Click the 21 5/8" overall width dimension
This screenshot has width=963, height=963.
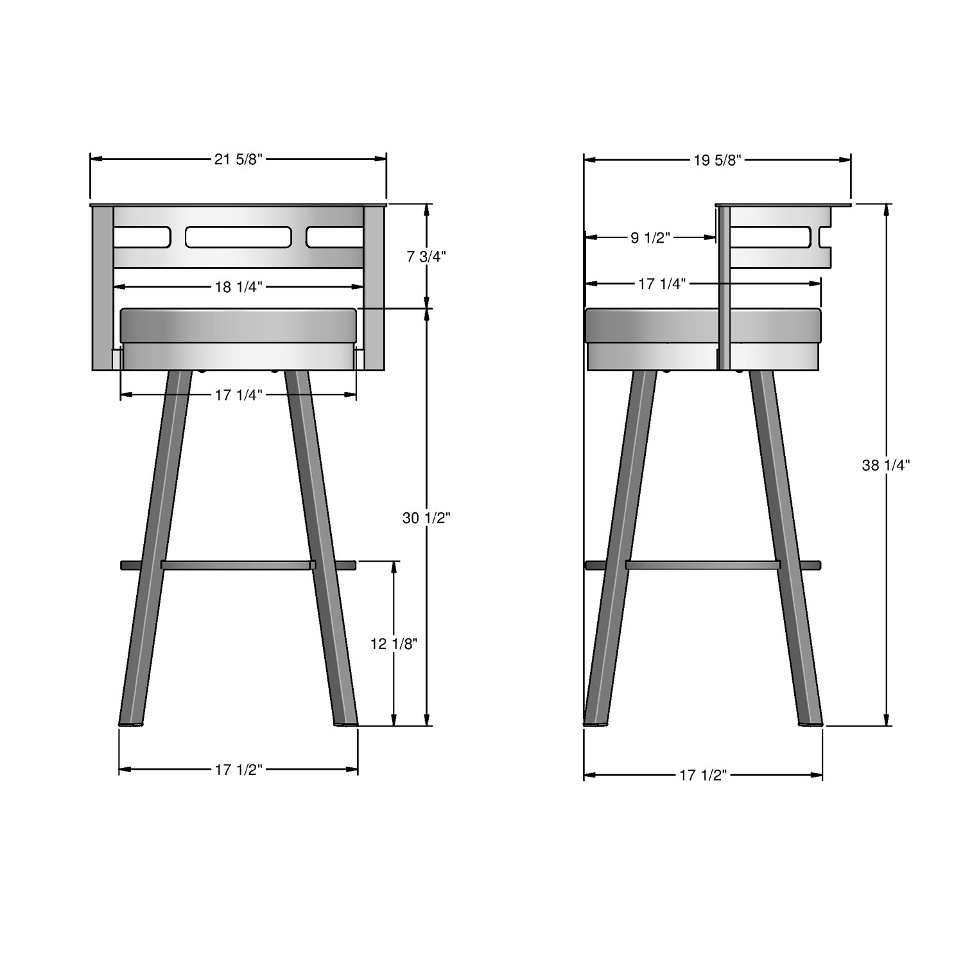(x=238, y=160)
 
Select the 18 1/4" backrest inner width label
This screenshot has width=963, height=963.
(x=239, y=287)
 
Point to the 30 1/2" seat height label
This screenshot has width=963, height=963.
(x=426, y=517)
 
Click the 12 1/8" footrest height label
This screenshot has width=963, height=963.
(x=394, y=643)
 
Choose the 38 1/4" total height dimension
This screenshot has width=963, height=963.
(x=886, y=465)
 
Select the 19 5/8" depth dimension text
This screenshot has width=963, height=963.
(x=717, y=160)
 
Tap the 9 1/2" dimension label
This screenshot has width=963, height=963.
(x=650, y=238)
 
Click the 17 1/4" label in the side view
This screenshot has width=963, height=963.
(x=662, y=283)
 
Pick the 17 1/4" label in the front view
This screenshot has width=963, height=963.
(x=239, y=395)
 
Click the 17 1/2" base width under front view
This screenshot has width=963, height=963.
(x=239, y=770)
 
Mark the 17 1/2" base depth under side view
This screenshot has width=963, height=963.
(x=703, y=776)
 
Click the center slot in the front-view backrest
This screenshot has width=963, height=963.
(x=238, y=237)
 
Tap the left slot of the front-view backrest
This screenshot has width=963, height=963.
(x=142, y=237)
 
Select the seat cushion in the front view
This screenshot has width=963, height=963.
(x=238, y=325)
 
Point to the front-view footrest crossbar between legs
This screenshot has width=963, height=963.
(x=238, y=565)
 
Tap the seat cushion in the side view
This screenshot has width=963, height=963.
(x=703, y=325)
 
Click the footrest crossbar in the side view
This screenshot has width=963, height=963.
(x=703, y=565)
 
